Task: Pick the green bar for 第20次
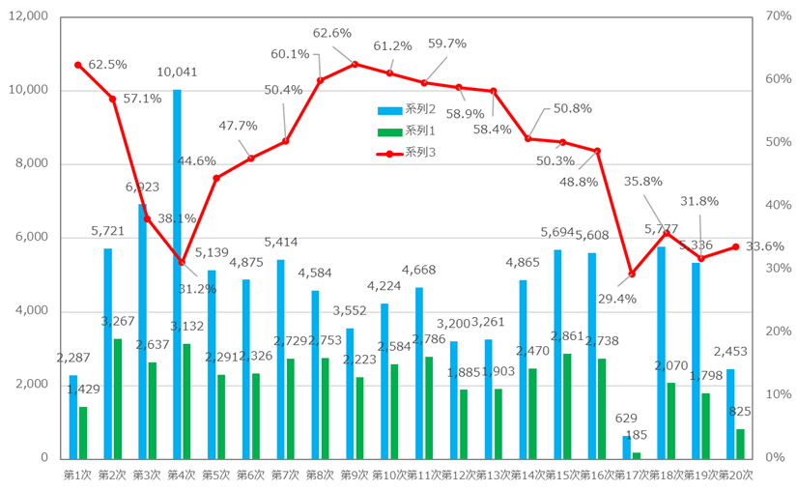tap(740, 443)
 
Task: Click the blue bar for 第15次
tap(557, 354)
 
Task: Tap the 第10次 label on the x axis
tap(388, 475)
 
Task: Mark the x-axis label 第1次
tap(77, 475)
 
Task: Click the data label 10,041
tap(177, 72)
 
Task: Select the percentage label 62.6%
tap(332, 33)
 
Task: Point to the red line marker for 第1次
tap(78, 65)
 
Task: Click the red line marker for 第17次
tap(632, 274)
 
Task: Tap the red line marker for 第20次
tap(736, 246)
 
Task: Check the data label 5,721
tap(108, 231)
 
